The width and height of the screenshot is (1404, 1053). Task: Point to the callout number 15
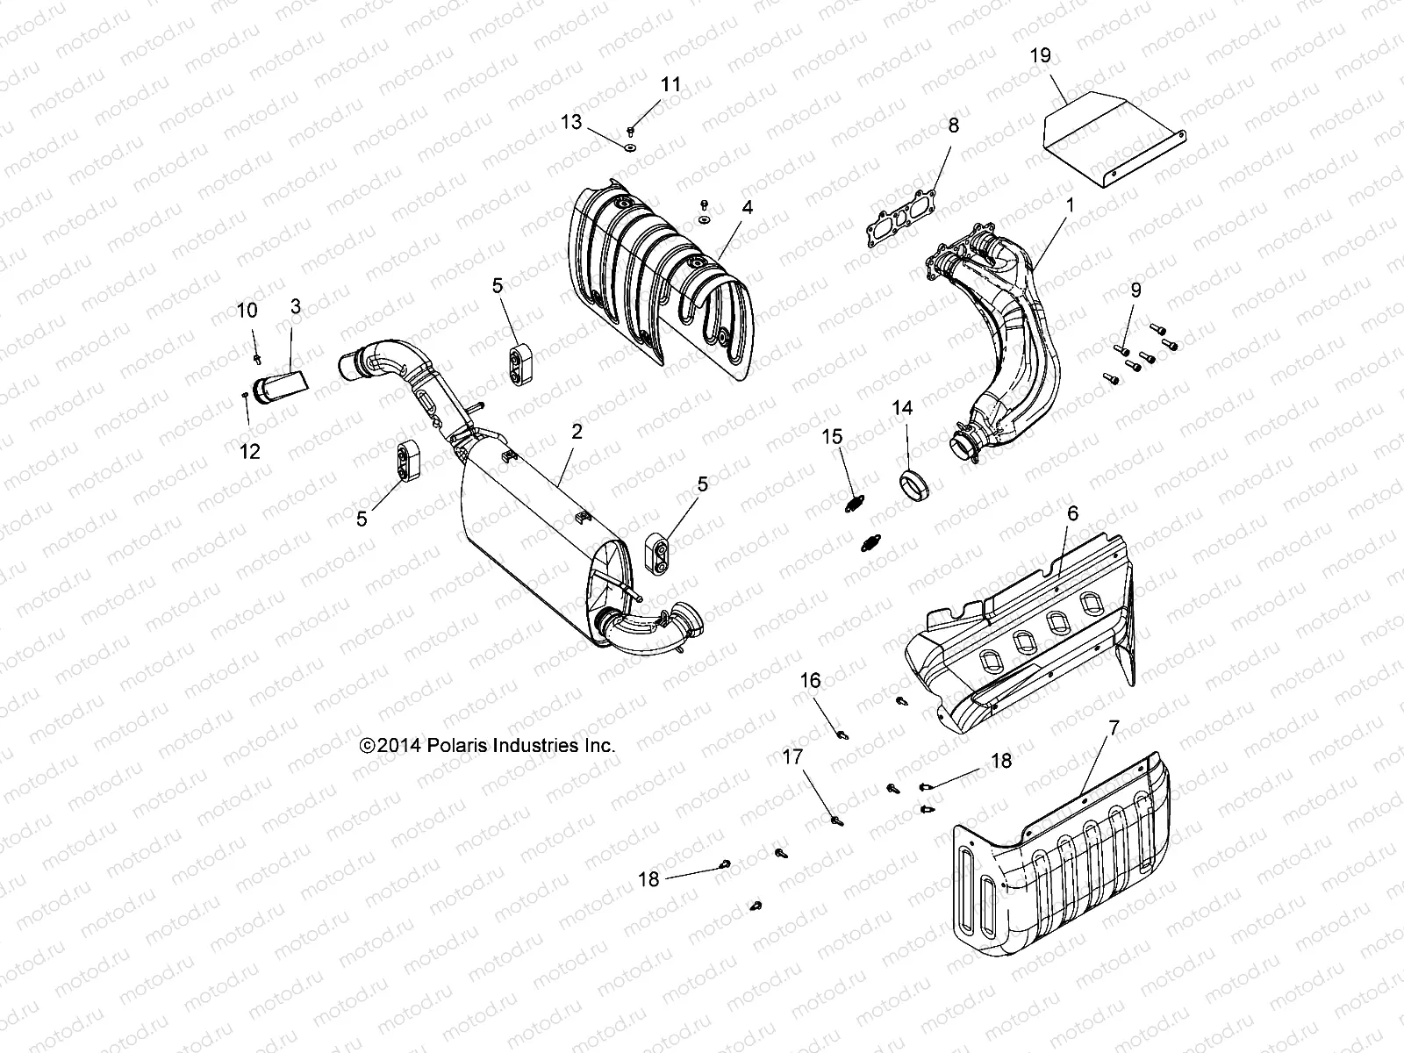pos(832,436)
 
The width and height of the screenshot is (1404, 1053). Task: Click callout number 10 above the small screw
pos(247,310)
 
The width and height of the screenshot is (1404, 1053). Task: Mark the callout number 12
pos(250,452)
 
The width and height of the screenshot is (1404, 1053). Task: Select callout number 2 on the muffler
pos(577,431)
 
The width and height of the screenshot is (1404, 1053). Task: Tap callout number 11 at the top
pos(670,85)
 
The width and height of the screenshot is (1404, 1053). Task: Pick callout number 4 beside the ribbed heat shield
pos(746,208)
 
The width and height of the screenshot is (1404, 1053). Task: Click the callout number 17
pos(792,757)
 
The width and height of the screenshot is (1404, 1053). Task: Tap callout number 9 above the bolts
pos(1135,290)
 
